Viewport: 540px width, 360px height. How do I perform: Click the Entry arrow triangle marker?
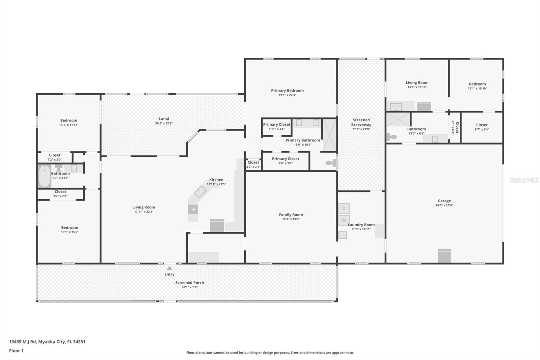pyautogui.click(x=169, y=268)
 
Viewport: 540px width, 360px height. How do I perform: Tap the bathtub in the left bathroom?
pyautogui.click(x=44, y=176)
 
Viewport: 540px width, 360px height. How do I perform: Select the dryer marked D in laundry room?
pyautogui.click(x=344, y=208)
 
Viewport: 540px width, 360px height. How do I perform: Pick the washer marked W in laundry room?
pyautogui.click(x=344, y=220)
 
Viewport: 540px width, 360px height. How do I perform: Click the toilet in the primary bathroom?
pyautogui.click(x=330, y=163)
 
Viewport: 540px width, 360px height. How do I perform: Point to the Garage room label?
pyautogui.click(x=444, y=201)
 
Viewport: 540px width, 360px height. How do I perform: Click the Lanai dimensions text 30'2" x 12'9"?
pyautogui.click(x=164, y=123)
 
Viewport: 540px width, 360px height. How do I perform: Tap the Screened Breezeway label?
pyautogui.click(x=361, y=122)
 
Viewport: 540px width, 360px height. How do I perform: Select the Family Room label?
pyautogui.click(x=291, y=214)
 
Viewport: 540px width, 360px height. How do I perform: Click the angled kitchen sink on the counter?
pyautogui.click(x=200, y=191)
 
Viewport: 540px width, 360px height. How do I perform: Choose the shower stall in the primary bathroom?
pyautogui.click(x=330, y=135)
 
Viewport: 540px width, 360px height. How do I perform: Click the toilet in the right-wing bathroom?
pyautogui.click(x=391, y=137)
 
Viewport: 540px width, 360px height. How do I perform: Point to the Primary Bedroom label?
pyautogui.click(x=287, y=91)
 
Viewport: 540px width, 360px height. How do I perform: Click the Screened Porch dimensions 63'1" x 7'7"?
pyautogui.click(x=189, y=287)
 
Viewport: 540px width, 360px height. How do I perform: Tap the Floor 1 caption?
pyautogui.click(x=16, y=351)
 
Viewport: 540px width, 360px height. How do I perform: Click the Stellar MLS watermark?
pyautogui.click(x=524, y=180)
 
